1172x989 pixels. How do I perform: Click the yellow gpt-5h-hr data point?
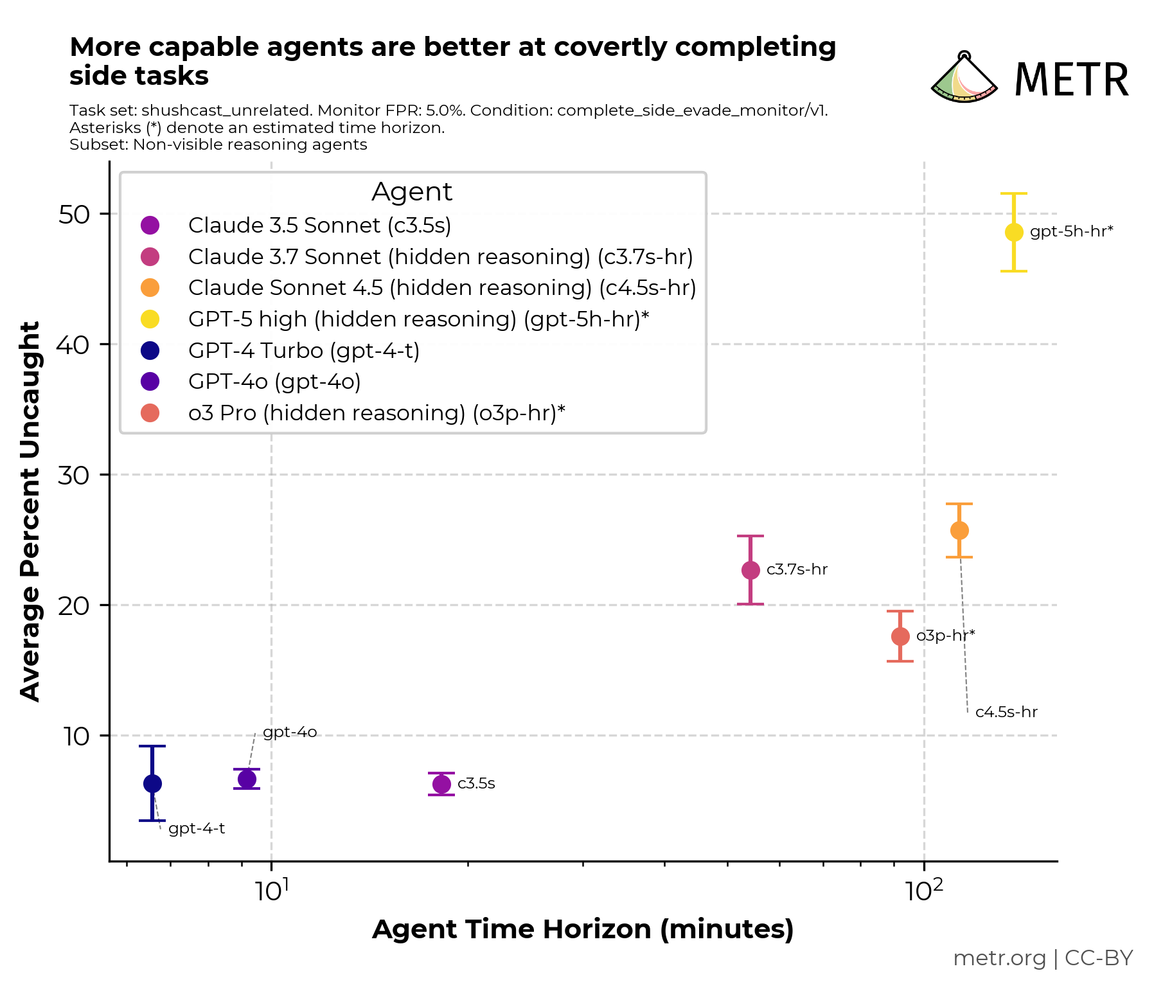pyautogui.click(x=1013, y=232)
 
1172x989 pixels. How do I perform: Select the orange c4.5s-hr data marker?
pyautogui.click(x=959, y=531)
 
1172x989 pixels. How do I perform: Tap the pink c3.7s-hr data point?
pyautogui.click(x=750, y=570)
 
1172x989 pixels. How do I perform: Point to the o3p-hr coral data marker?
pyautogui.click(x=900, y=636)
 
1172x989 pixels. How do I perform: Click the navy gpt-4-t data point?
pyautogui.click(x=152, y=783)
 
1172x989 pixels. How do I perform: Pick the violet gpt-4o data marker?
pyautogui.click(x=247, y=779)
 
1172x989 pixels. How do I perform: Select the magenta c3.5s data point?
pyautogui.click(x=441, y=784)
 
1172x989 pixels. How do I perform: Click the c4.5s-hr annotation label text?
pyautogui.click(x=1006, y=712)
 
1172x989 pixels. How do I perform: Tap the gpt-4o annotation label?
pyautogui.click(x=290, y=733)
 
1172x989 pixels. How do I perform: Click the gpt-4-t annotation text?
pyautogui.click(x=197, y=829)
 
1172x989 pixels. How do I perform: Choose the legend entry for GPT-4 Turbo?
pyautogui.click(x=303, y=351)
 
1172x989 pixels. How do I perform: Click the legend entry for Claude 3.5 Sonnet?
pyautogui.click(x=319, y=226)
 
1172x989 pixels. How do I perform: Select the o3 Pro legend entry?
pyautogui.click(x=376, y=413)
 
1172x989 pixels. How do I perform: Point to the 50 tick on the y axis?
pyautogui.click(x=74, y=215)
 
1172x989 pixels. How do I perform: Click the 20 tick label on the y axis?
pyautogui.click(x=74, y=605)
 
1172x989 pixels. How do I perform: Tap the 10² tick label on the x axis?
pyautogui.click(x=924, y=891)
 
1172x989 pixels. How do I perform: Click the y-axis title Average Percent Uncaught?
pyautogui.click(x=30, y=511)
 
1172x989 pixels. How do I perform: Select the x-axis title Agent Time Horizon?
pyautogui.click(x=583, y=929)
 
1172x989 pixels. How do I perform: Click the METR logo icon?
pyautogui.click(x=964, y=78)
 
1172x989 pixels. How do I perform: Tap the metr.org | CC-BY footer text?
pyautogui.click(x=1042, y=958)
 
